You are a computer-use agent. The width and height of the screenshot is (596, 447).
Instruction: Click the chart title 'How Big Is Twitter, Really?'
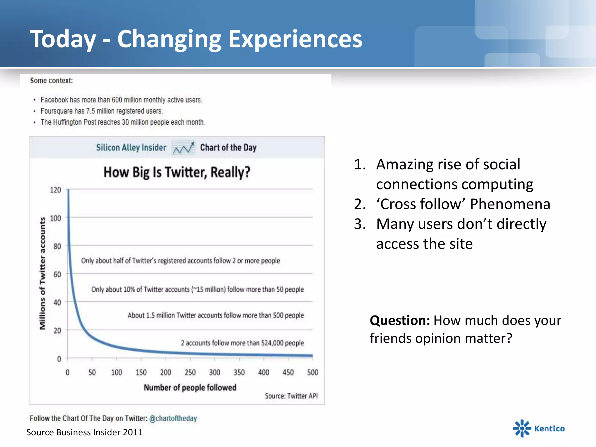tap(177, 172)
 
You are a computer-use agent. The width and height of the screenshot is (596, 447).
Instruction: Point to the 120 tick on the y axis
tap(55, 190)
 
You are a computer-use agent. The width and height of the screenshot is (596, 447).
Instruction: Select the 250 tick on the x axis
tap(190, 372)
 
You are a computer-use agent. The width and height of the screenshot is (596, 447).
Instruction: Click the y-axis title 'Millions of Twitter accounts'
tap(42, 274)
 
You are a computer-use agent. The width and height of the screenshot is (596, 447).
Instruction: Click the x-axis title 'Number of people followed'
tap(190, 388)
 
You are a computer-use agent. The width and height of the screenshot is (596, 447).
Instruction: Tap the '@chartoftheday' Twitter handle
tap(173, 418)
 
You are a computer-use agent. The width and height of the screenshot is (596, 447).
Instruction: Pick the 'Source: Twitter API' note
tap(291, 396)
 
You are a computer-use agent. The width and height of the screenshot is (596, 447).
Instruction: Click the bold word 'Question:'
tap(400, 320)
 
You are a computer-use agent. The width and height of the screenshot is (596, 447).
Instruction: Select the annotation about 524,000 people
tap(242, 343)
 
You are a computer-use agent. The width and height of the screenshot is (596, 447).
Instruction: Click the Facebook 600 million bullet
tap(121, 100)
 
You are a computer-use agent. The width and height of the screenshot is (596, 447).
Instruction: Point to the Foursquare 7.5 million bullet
tap(101, 111)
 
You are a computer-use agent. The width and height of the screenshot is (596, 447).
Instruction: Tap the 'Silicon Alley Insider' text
tap(131, 148)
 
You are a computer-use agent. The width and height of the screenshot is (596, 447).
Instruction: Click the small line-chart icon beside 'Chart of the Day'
tap(183, 148)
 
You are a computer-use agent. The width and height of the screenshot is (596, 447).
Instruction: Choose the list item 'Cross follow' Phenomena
tap(463, 204)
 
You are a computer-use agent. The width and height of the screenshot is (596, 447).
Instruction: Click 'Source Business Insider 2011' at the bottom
tap(84, 432)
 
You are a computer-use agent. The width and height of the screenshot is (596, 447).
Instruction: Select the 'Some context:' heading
tap(51, 81)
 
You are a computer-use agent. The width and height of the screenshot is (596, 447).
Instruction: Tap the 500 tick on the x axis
tap(313, 372)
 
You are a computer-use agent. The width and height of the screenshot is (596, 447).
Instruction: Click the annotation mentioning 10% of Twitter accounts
tap(197, 289)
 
